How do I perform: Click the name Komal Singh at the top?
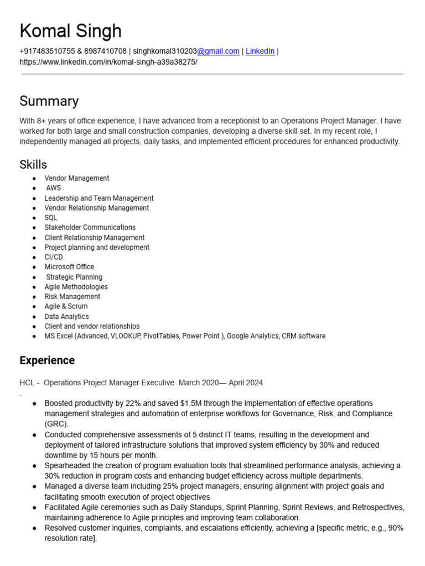click(70, 31)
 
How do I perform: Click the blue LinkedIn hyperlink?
click(260, 51)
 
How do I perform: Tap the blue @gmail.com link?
click(219, 51)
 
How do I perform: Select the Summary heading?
click(49, 101)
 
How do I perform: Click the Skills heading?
click(33, 164)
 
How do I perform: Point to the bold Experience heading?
click(47, 360)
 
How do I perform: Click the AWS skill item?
click(54, 188)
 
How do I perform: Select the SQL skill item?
click(51, 218)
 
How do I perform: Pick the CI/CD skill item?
click(54, 257)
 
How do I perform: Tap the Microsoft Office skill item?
click(69, 267)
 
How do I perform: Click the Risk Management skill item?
click(72, 297)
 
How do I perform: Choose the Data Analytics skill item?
click(66, 317)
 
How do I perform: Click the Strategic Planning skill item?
click(74, 277)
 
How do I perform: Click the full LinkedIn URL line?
click(108, 62)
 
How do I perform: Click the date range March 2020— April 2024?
click(221, 382)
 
